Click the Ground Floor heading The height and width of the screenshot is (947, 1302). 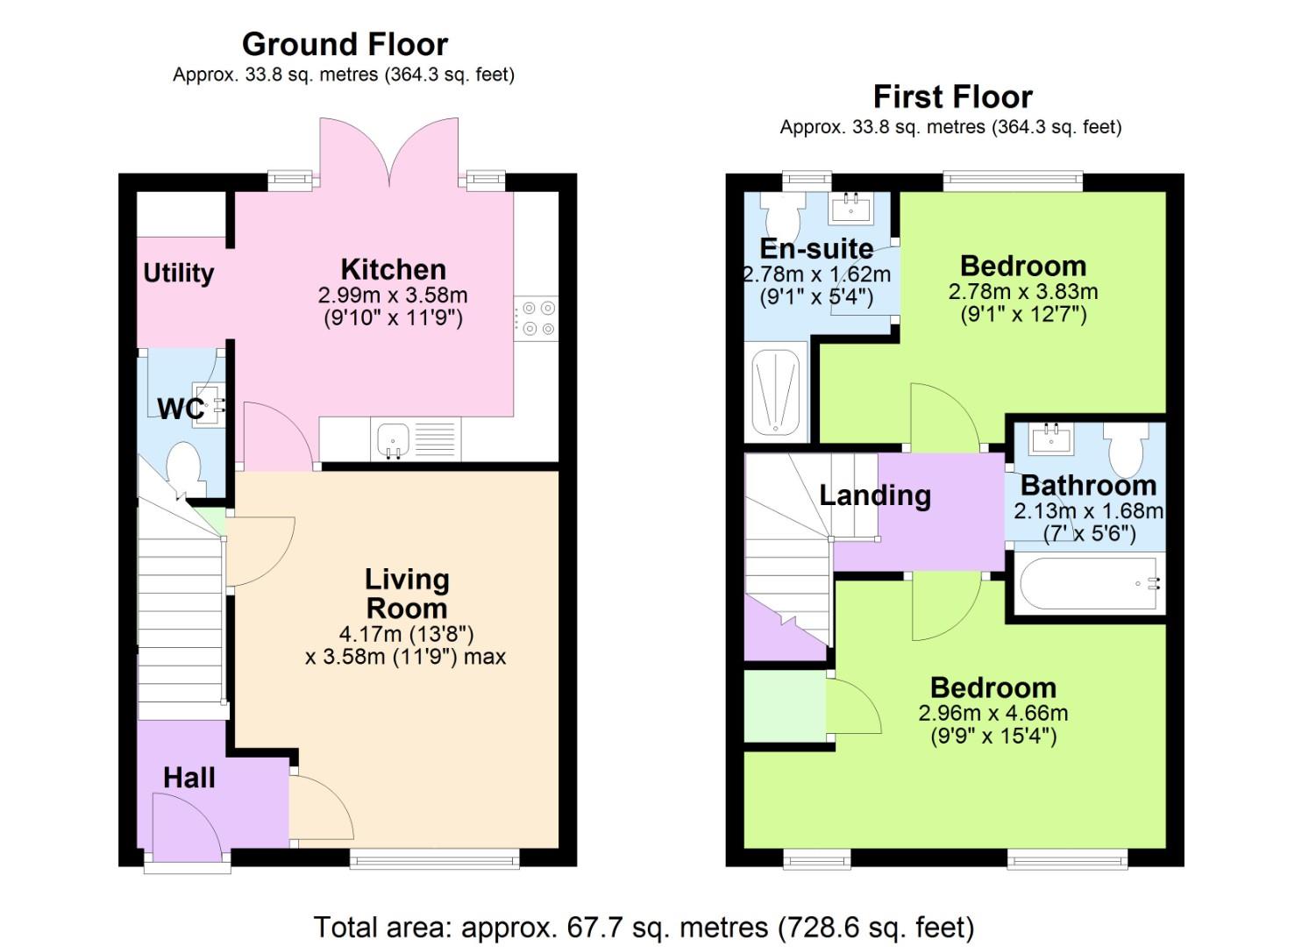pos(345,44)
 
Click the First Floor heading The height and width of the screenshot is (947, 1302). pos(952,96)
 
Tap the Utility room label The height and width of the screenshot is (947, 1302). pos(179,273)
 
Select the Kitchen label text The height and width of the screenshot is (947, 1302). pos(393,269)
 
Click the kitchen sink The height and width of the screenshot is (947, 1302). pos(391,439)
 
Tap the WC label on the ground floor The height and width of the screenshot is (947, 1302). pos(181,408)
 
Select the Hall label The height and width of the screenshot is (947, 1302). pos(189,778)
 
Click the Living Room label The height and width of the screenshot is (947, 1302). pos(406,594)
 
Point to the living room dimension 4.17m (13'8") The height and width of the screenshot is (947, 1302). pos(406,633)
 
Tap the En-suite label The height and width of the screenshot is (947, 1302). pos(815,248)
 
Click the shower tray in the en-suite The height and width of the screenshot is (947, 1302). pos(776,392)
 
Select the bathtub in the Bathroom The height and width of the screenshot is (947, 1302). pos(1089,582)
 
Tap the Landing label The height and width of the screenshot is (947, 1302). pos(874,495)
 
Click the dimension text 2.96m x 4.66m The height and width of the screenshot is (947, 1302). pos(993,713)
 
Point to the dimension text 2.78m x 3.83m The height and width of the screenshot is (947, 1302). pos(1022,291)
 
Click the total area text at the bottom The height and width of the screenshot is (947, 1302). pos(644,927)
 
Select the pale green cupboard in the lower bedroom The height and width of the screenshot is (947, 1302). pos(784,706)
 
